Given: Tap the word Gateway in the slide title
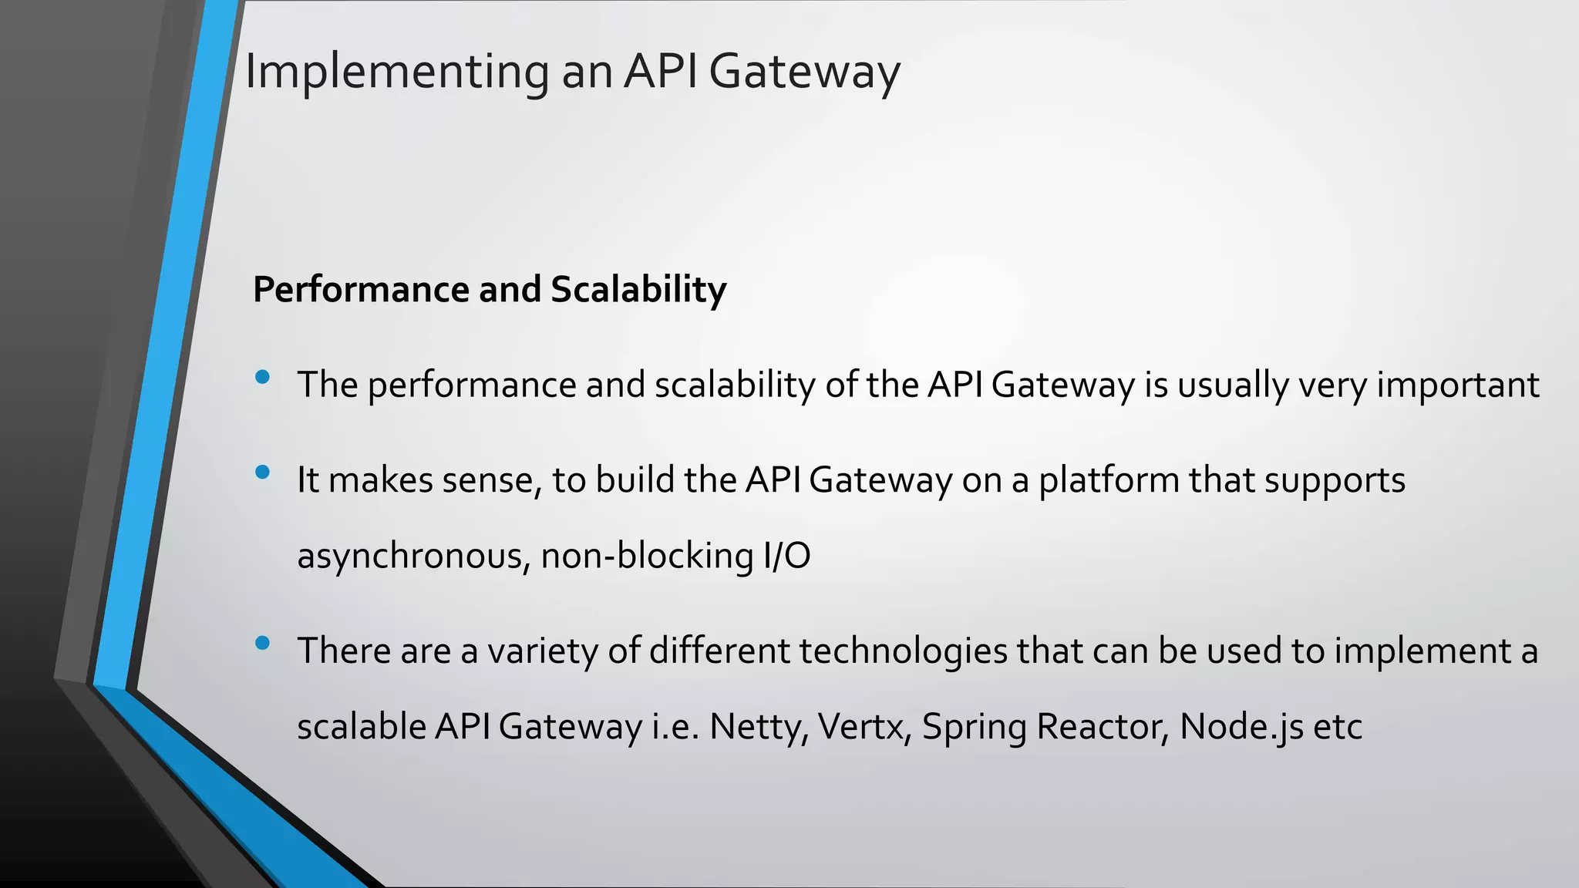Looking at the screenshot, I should [803, 72].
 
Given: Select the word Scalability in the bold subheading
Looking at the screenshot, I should [638, 290].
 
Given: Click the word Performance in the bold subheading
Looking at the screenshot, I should [359, 290].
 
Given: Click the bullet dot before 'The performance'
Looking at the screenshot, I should [262, 377].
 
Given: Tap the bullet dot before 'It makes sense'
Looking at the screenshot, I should [262, 472].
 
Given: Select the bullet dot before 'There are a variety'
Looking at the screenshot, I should [262, 643].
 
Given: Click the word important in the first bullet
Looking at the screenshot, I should [1457, 385].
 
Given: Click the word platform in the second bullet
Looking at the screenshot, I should [1109, 481].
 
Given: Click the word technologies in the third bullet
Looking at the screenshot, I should [903, 651].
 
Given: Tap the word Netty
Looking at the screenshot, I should [758, 727].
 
